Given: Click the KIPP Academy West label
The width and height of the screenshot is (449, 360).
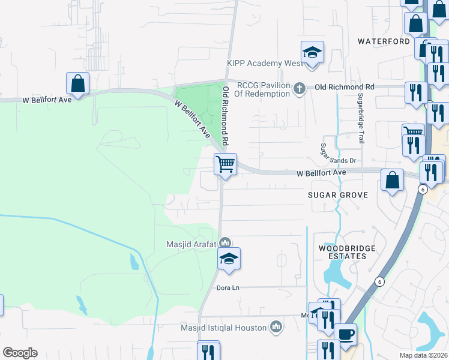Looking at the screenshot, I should [265, 63].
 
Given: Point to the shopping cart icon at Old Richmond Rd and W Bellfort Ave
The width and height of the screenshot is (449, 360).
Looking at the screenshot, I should [225, 163].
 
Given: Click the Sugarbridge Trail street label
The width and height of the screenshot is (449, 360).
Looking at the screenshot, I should [361, 118].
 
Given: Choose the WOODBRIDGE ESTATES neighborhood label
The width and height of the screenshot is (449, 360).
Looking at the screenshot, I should [342, 252].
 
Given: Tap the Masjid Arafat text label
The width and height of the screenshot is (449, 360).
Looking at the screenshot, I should [191, 244].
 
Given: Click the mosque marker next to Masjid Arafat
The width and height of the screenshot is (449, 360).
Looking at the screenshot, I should [225, 242].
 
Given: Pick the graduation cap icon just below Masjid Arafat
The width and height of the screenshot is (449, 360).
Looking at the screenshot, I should [228, 259].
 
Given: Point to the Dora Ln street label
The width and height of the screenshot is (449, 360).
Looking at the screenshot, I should [228, 287].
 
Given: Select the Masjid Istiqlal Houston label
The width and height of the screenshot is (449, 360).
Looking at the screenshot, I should [224, 328].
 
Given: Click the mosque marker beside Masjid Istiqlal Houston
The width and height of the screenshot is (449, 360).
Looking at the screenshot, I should [276, 326].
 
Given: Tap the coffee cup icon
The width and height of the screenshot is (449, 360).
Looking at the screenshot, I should [345, 335].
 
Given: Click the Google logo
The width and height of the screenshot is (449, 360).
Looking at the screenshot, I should [20, 353].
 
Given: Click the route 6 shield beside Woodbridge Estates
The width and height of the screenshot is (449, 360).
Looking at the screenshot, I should [379, 281].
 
